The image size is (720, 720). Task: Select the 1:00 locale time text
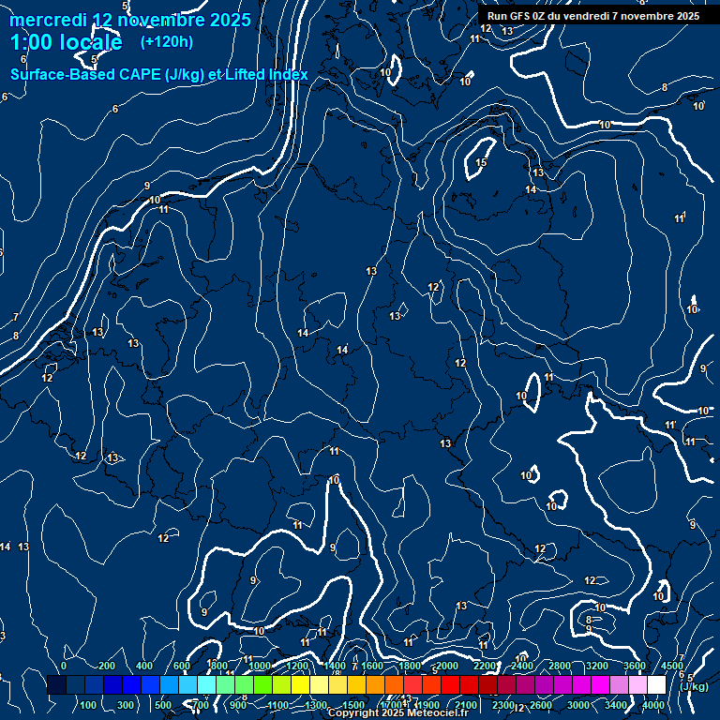click(66, 43)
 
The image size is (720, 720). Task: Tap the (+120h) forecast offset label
click(167, 42)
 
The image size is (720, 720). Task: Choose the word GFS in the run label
click(518, 16)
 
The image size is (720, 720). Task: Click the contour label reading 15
click(481, 163)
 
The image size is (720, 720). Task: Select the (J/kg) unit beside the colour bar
click(695, 686)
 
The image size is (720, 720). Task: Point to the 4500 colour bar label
click(672, 666)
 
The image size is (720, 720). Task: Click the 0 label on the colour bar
click(64, 666)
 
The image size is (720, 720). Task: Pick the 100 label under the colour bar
click(88, 705)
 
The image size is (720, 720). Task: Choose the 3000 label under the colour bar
click(578, 705)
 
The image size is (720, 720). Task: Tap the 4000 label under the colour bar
click(653, 705)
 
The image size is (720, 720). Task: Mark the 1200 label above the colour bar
click(297, 666)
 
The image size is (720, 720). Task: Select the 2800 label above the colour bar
click(560, 666)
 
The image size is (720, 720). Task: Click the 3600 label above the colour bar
click(635, 666)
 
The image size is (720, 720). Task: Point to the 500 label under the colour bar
click(163, 705)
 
